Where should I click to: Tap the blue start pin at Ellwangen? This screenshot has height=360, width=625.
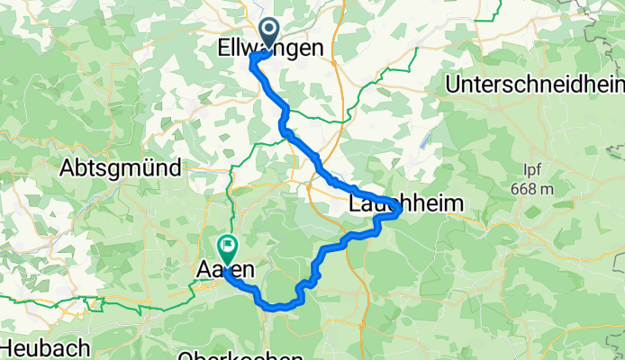point(268,31)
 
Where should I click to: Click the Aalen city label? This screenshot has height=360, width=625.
point(220,269)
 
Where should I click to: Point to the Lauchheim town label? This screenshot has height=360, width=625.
point(406,205)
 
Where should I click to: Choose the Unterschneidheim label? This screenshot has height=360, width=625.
point(536,85)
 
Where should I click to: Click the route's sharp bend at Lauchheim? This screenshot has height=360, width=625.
point(399,210)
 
